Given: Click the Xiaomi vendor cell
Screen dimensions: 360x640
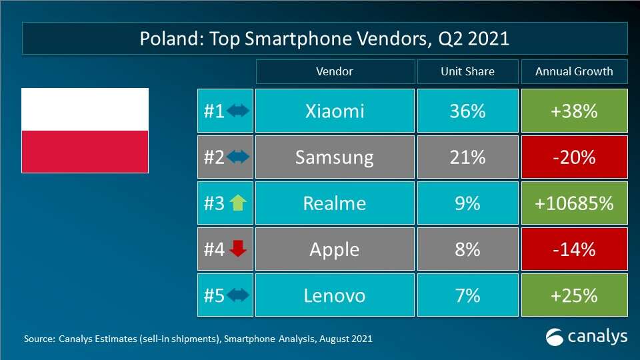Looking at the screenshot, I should click(334, 111).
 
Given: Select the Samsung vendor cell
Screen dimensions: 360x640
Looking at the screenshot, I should click(334, 157).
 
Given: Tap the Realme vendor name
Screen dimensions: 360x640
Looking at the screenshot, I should click(334, 203).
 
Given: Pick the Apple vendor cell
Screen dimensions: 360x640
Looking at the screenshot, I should click(334, 249).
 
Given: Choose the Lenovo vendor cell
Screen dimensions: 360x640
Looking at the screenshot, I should click(334, 295).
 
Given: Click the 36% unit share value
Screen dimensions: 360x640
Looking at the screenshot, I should click(467, 111).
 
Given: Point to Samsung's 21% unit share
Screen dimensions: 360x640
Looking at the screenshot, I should click(467, 157).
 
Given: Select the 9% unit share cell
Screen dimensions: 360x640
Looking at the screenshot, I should click(467, 203).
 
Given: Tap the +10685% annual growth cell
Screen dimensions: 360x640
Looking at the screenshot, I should click(574, 203).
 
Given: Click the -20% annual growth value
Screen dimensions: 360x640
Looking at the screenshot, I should click(574, 157).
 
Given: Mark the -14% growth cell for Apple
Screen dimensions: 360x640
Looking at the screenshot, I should click(574, 249).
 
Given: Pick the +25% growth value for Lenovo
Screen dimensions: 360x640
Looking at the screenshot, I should click(574, 295).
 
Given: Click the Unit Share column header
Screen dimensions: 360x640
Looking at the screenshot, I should click(467, 72).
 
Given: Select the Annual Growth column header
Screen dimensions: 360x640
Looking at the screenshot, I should click(574, 72).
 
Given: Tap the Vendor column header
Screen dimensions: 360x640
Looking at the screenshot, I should click(334, 72).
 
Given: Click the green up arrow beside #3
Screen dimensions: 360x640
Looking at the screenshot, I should click(238, 203).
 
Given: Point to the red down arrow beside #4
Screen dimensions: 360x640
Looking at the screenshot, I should click(238, 249).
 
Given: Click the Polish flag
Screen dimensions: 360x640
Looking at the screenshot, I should click(85, 131).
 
